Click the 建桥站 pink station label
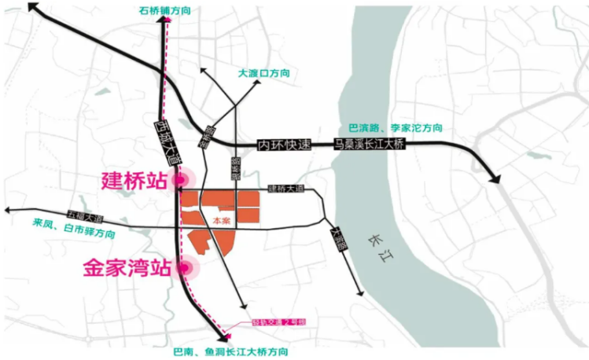tap(134, 180)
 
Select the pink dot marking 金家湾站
tap(186, 268)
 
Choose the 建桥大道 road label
tap(285, 189)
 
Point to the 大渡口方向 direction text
tap(263, 72)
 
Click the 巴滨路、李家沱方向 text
tap(395, 127)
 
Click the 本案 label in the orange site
tap(221, 222)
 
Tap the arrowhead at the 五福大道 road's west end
tap(7, 211)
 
